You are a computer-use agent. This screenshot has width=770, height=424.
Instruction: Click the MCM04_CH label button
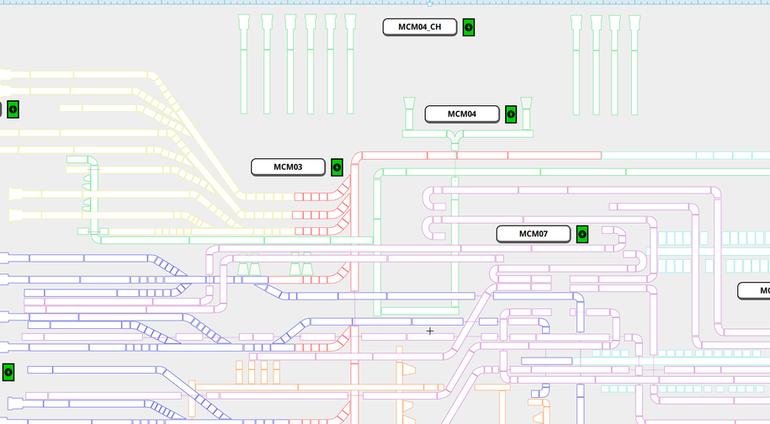pos(420,27)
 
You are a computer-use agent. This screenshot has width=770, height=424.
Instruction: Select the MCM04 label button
pos(461,114)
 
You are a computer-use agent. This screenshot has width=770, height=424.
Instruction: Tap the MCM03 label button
pos(288,167)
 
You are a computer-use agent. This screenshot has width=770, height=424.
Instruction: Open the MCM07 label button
pos(533,234)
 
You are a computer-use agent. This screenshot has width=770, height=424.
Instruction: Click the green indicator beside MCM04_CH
pos(469,27)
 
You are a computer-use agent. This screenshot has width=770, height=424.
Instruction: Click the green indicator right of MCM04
pos(511,114)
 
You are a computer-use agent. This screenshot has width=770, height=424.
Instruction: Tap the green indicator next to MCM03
pos(337,167)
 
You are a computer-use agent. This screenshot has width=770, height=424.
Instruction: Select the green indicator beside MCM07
pos(581,234)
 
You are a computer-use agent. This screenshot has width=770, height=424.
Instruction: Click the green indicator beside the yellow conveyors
pos(13,109)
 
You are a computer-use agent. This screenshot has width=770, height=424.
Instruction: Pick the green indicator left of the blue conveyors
pos(8,371)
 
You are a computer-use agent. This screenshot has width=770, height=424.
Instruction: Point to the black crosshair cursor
pos(430,331)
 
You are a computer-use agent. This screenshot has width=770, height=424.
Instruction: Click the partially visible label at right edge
pos(754,291)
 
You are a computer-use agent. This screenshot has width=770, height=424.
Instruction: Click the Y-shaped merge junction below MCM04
pos(454,139)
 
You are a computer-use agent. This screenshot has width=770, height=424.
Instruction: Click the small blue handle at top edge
pos(430,3)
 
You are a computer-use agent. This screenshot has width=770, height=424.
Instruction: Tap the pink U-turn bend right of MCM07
pos(620,238)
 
